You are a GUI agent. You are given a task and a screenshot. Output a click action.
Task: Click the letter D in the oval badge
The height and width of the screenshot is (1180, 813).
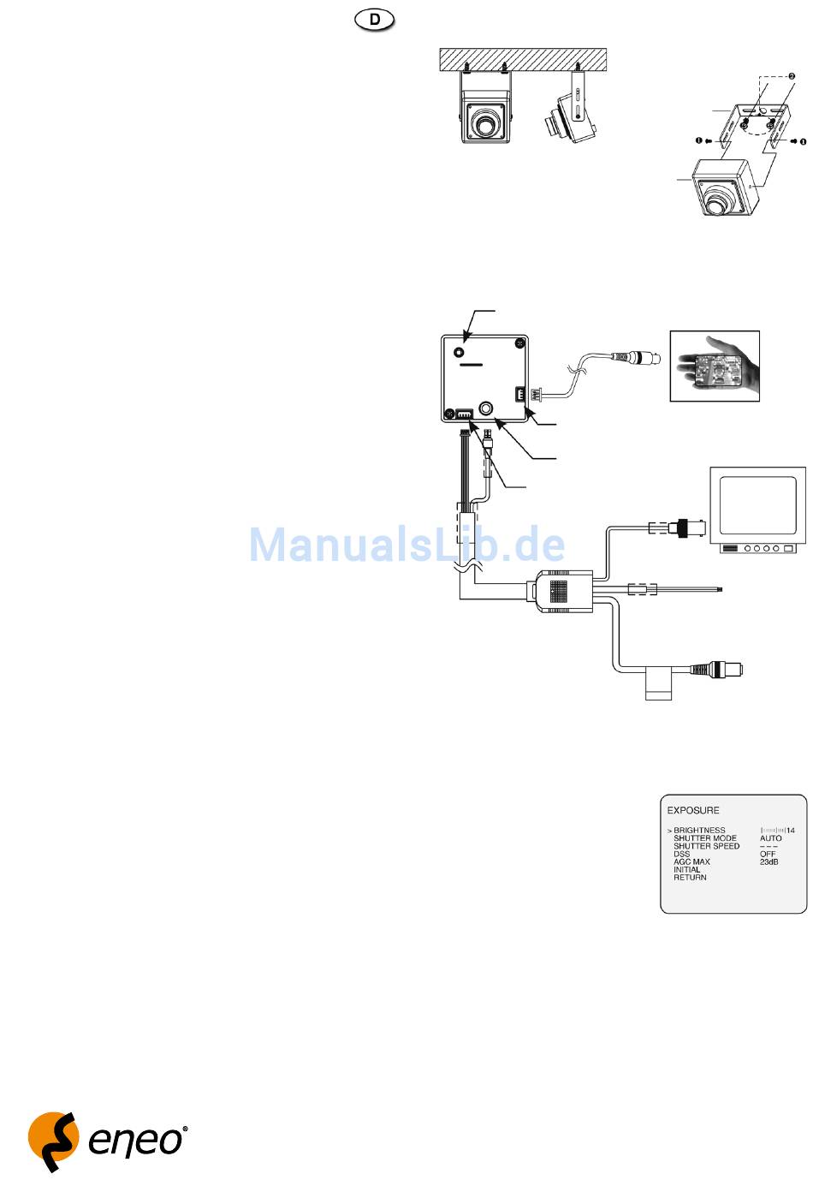click(375, 19)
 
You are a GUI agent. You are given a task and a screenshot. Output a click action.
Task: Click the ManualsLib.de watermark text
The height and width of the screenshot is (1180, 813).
click(407, 545)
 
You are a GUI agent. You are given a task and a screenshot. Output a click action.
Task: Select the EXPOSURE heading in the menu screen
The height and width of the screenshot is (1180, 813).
click(693, 810)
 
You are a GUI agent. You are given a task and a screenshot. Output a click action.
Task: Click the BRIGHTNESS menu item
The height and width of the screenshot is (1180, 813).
click(699, 831)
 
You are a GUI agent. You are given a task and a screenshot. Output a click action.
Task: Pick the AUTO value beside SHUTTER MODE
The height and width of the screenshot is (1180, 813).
click(770, 838)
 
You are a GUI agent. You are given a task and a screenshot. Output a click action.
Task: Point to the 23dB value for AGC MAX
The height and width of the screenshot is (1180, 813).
click(768, 861)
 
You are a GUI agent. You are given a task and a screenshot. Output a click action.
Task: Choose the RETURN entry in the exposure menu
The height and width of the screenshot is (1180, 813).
click(690, 878)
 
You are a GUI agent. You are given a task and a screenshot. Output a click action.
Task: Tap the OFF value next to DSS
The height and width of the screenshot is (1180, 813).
click(768, 854)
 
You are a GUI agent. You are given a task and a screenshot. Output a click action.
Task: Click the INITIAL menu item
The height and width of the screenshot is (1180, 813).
click(686, 870)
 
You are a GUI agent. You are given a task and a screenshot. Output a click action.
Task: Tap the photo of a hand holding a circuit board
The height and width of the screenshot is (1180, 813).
click(714, 366)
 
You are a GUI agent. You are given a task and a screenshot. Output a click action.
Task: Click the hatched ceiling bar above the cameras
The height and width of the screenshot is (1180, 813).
click(522, 58)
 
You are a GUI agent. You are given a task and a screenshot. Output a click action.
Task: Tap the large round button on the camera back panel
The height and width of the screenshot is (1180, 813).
click(488, 409)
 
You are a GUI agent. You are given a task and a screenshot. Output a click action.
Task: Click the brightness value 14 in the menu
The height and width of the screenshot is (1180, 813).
click(791, 831)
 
